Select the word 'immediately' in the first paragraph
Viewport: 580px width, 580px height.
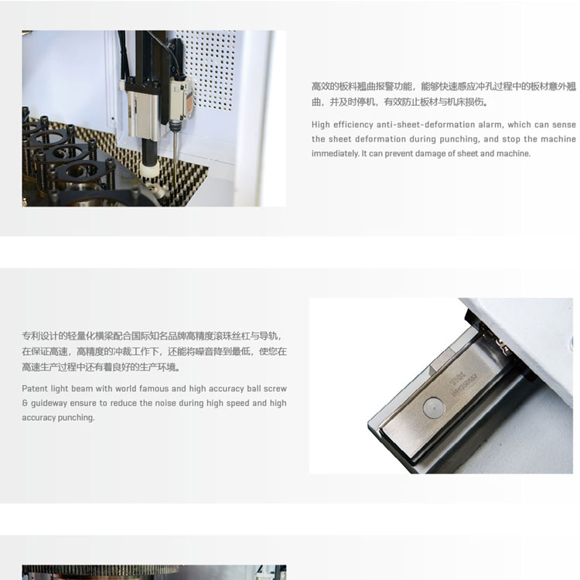pos(335,154)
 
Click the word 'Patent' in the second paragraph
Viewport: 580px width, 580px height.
pos(35,388)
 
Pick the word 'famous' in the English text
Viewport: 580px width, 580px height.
pos(154,388)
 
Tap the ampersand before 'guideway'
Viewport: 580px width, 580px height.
pos(25,403)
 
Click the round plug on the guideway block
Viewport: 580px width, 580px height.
pos(433,408)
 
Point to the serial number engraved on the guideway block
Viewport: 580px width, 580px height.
pos(465,385)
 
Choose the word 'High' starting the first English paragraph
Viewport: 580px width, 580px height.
pos(320,125)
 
